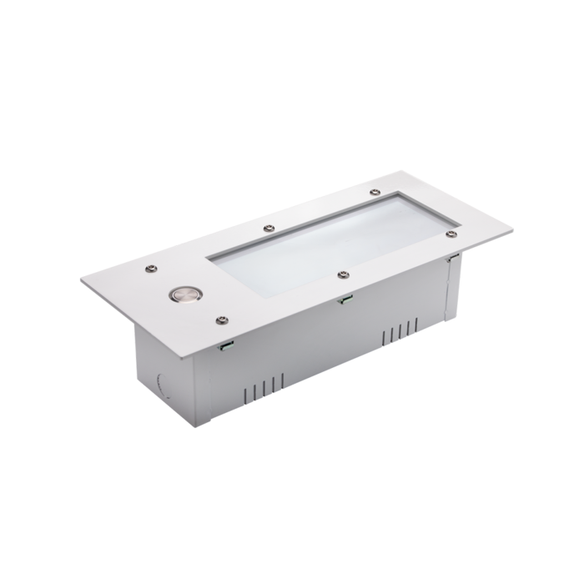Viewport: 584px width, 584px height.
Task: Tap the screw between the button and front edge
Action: pos(222,320)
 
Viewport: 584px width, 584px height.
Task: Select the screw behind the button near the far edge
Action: pos(152,269)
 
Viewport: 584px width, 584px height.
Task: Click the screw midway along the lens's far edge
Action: pos(269,227)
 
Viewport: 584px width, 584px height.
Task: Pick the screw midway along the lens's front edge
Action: pos(343,274)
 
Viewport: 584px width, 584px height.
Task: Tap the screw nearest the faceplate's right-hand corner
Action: pos(451,234)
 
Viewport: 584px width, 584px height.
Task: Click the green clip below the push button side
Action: pos(224,345)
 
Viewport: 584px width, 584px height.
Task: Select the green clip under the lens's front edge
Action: pos(344,299)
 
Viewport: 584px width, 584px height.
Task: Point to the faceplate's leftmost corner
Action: pos(82,280)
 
